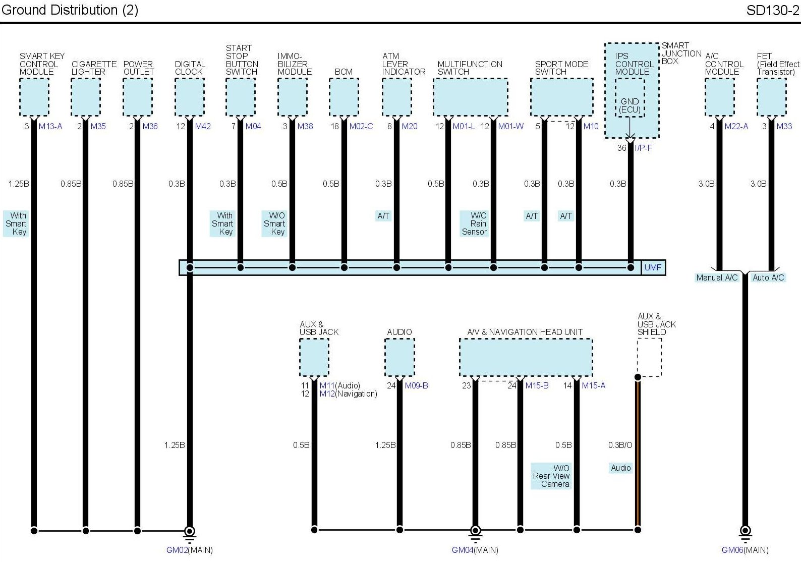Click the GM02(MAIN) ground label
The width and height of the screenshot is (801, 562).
click(189, 550)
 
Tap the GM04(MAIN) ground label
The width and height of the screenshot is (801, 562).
click(475, 550)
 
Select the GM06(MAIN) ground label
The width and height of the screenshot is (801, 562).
click(745, 550)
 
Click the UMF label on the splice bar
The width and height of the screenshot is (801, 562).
click(652, 267)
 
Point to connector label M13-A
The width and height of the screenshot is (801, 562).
click(50, 126)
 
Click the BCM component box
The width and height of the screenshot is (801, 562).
click(344, 97)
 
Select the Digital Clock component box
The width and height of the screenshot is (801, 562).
click(190, 97)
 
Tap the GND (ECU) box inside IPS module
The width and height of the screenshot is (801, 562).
click(630, 105)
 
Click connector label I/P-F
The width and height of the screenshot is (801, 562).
click(643, 148)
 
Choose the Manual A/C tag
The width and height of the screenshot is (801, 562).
click(716, 277)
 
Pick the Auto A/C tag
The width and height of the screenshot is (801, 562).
click(768, 277)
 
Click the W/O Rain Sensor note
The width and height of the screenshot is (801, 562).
click(475, 223)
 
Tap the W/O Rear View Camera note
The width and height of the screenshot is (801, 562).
click(551, 476)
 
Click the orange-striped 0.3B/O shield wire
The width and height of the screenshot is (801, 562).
click(638, 454)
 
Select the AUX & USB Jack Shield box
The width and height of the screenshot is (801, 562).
click(649, 357)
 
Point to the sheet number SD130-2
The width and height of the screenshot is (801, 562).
click(772, 10)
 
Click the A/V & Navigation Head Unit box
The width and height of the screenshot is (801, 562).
click(526, 357)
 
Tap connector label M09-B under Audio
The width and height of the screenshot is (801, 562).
click(416, 385)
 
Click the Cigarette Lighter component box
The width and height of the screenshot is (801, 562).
click(86, 97)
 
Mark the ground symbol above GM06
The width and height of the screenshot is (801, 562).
click(745, 532)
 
